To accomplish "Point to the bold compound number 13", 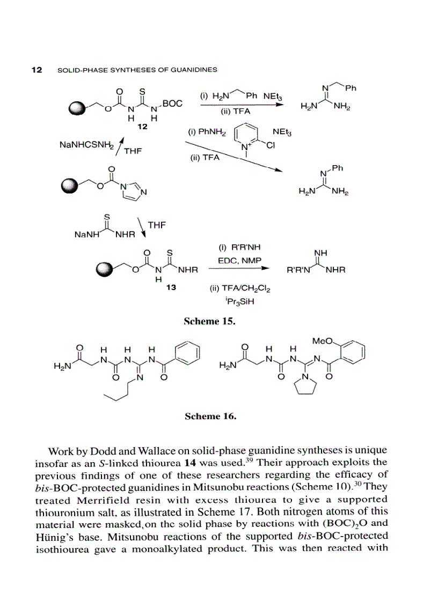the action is point(171,288).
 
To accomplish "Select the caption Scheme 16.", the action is point(210,415).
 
